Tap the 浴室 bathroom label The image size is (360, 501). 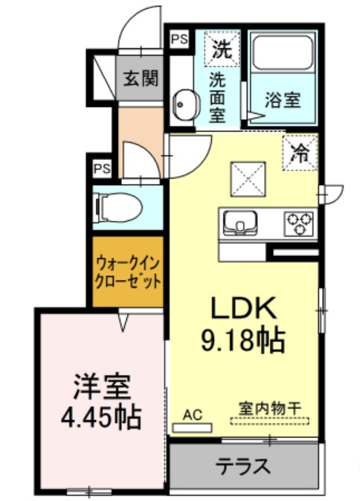point(283,99)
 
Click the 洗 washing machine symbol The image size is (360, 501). point(222,51)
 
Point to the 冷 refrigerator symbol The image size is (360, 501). point(300,153)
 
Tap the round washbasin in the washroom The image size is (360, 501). point(182,105)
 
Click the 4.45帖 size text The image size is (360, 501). point(100,418)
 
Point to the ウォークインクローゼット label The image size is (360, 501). point(127,272)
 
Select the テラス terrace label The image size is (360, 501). point(242,467)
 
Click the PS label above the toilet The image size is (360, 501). point(102,168)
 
